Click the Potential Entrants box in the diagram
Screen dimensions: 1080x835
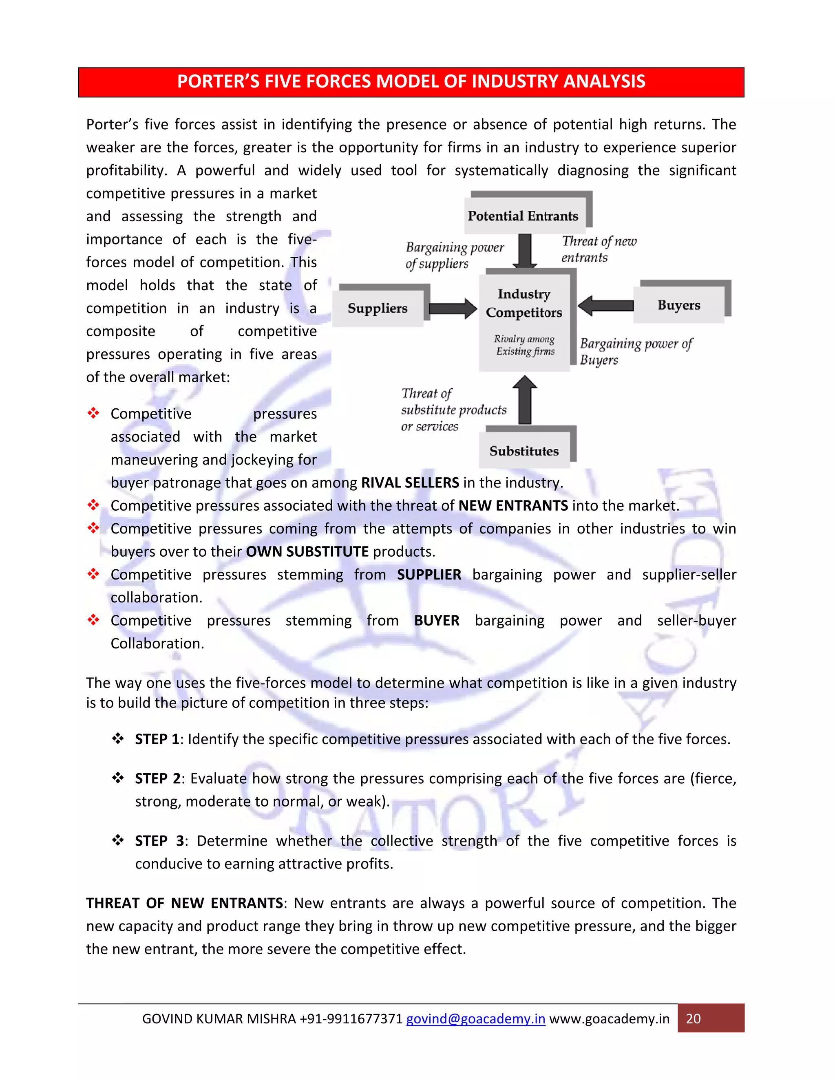pos(524,216)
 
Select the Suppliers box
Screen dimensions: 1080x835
pos(378,309)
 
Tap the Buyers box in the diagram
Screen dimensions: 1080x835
pos(679,305)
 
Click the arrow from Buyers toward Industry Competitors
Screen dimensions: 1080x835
pos(605,306)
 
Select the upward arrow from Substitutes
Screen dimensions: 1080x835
pos(525,399)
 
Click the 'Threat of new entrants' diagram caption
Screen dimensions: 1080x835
pos(599,249)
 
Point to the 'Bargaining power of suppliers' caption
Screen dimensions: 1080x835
pos(454,255)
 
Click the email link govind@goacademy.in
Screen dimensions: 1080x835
pos(475,1019)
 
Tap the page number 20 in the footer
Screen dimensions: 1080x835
pos(693,1019)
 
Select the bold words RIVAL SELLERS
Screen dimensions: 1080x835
pos(410,483)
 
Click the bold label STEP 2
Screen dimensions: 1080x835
pos(157,778)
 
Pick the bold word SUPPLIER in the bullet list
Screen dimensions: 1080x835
pos(429,575)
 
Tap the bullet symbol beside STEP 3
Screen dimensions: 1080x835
pos(118,840)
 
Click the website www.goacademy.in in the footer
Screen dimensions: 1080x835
pos(609,1019)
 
